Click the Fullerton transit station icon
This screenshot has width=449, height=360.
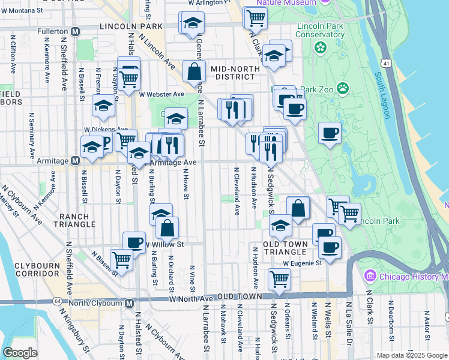coord(75,31)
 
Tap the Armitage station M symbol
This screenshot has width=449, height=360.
coord(76,161)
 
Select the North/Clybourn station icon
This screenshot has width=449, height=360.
coord(129,303)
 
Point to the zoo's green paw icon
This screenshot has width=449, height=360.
coord(343,89)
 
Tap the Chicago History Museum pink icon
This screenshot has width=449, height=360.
coord(370,277)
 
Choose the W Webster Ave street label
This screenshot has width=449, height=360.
coord(161,94)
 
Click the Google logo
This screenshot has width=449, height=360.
coord(20,353)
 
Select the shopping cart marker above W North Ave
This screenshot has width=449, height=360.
coord(279,278)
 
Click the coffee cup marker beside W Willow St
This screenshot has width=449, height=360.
coord(134,242)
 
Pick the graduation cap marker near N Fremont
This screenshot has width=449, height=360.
coord(103,107)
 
